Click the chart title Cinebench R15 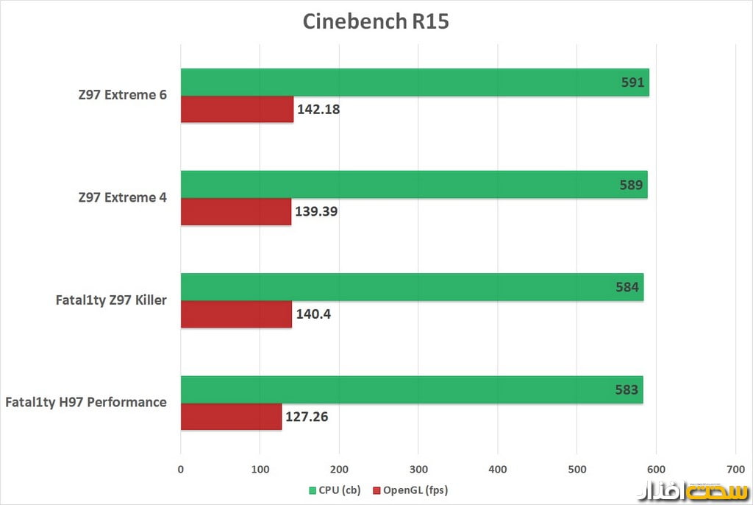[x=376, y=21]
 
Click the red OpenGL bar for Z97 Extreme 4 [x=235, y=212]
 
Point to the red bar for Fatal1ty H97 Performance [x=231, y=417]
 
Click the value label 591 [x=632, y=82]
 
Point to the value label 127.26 [x=306, y=417]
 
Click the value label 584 [x=627, y=287]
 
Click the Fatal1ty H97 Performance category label [x=85, y=402]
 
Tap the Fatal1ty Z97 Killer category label [x=110, y=300]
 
